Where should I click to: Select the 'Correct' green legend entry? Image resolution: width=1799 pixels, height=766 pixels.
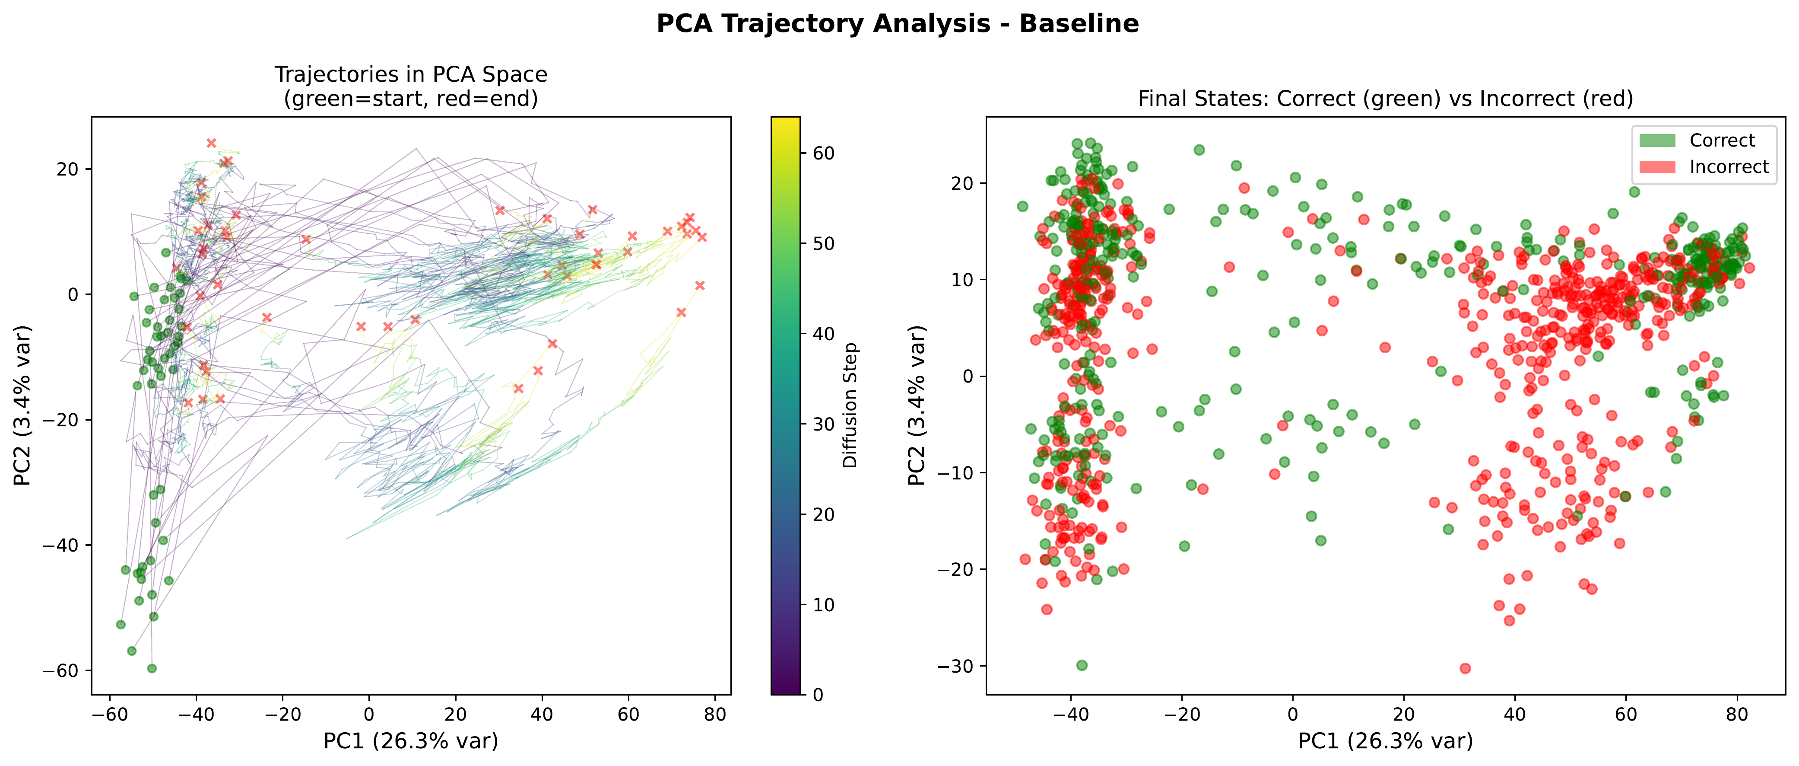[x=1722, y=140]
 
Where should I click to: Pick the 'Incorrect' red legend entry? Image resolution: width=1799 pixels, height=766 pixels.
[x=1729, y=167]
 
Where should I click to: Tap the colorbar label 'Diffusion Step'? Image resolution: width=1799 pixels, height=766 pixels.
[x=850, y=405]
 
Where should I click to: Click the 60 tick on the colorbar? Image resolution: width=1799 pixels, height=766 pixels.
[x=824, y=153]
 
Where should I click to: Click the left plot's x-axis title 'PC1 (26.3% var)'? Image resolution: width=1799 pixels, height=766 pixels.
[x=411, y=741]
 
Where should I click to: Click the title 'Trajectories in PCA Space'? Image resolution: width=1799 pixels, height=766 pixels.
[x=411, y=74]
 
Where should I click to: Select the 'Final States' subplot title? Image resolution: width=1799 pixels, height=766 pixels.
[x=1386, y=99]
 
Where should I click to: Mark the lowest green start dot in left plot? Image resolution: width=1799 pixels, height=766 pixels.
[x=152, y=668]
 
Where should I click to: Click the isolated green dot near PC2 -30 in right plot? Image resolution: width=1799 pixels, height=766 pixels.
[x=1082, y=665]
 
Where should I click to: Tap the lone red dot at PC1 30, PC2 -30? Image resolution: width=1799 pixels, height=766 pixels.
[x=1465, y=668]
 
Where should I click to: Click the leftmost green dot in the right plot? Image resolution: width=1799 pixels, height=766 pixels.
[x=1022, y=206]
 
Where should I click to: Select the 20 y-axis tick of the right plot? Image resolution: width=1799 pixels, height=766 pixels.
[x=963, y=183]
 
